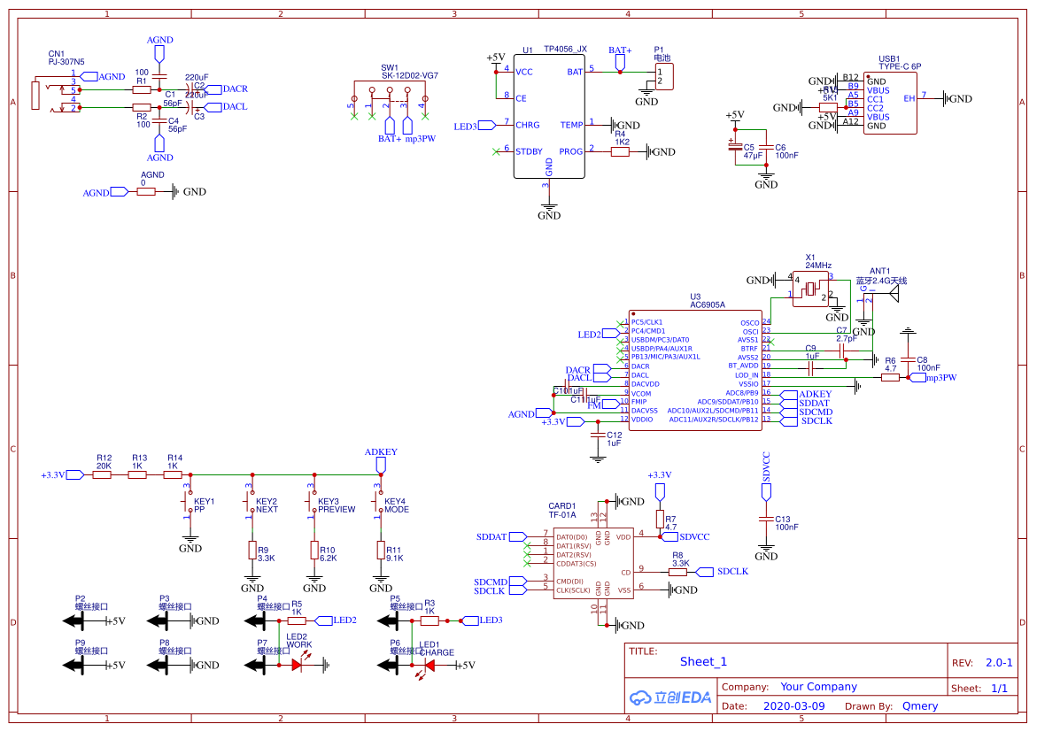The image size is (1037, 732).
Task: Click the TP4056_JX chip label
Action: (565, 50)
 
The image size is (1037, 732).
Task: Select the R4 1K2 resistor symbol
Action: (620, 151)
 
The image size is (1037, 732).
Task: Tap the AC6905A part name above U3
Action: (707, 304)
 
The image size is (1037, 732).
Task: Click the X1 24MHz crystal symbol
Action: (810, 289)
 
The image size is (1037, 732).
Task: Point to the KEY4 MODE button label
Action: (396, 505)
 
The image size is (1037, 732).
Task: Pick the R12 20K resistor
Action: (102, 475)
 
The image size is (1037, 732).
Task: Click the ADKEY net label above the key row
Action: (381, 452)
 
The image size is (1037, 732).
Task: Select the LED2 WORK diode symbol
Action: (298, 663)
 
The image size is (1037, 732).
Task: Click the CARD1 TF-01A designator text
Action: (562, 510)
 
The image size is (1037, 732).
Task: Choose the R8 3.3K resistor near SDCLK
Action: (677, 573)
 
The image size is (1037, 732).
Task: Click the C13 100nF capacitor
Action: (766, 519)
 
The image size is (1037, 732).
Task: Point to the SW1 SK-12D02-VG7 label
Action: (409, 72)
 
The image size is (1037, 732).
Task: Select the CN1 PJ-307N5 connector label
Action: (66, 58)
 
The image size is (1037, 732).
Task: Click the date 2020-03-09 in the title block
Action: (793, 706)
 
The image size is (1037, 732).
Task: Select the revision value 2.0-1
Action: (999, 663)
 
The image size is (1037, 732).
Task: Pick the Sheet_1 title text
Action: (703, 662)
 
